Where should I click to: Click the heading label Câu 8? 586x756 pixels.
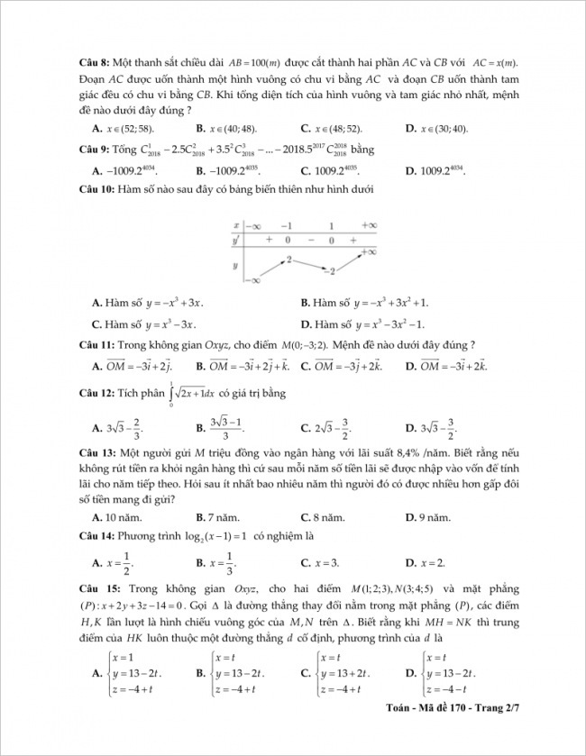94,62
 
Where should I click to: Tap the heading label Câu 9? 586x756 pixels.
94,149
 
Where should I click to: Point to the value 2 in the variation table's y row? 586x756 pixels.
289,259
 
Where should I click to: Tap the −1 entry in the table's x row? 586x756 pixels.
286,225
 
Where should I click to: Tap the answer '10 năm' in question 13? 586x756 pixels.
121,517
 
